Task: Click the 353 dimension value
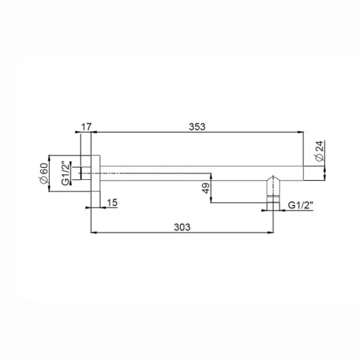[x=197, y=127]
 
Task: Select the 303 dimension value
[x=182, y=227]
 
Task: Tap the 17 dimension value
[x=86, y=127]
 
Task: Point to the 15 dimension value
[x=112, y=203]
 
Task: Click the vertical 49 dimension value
[x=206, y=188]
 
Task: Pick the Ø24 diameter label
[x=320, y=150]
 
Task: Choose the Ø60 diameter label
[x=44, y=174]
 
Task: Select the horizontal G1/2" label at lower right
[x=301, y=205]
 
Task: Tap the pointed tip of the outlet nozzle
[x=273, y=176]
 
